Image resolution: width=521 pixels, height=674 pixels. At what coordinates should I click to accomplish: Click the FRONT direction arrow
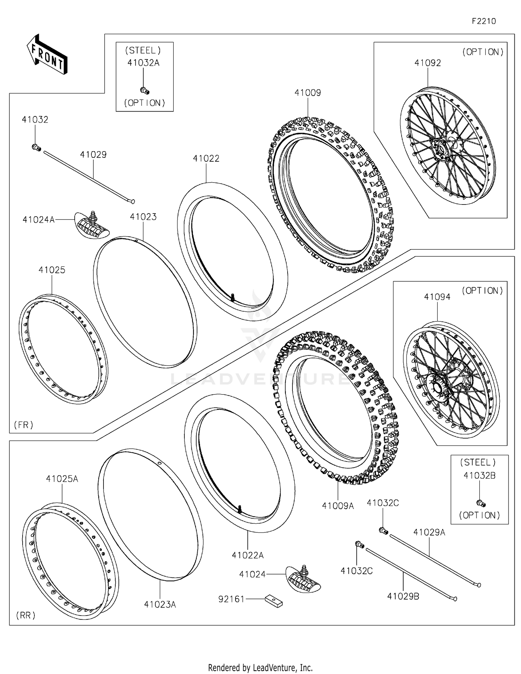(x=47, y=55)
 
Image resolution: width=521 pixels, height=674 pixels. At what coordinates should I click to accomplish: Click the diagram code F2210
(x=483, y=21)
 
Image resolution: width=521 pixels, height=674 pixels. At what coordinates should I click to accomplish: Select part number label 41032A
(x=143, y=63)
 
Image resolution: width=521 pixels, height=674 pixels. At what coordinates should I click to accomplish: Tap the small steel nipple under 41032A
(x=144, y=91)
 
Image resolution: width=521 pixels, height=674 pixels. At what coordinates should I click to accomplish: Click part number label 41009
(x=307, y=93)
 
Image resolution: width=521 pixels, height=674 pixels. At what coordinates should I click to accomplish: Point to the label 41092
(x=428, y=63)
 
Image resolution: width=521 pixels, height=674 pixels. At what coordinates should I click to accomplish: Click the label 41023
(x=143, y=217)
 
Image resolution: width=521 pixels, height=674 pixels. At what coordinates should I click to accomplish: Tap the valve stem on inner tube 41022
(x=232, y=297)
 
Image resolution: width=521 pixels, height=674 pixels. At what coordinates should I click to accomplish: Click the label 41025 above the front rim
(x=52, y=270)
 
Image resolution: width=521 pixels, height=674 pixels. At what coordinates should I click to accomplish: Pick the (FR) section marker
(x=24, y=425)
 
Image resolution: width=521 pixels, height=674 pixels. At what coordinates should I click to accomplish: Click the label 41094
(x=437, y=297)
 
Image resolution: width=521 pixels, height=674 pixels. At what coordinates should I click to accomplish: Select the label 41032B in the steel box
(x=479, y=476)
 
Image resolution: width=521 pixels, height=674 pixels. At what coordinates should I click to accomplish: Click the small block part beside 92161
(x=274, y=601)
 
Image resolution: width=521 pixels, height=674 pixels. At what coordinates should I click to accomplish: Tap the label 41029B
(x=403, y=596)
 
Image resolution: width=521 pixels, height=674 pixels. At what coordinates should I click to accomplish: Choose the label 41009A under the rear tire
(x=338, y=506)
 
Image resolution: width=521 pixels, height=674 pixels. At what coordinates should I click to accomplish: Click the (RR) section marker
(x=26, y=615)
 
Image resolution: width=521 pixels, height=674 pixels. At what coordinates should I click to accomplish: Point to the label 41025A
(x=62, y=479)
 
